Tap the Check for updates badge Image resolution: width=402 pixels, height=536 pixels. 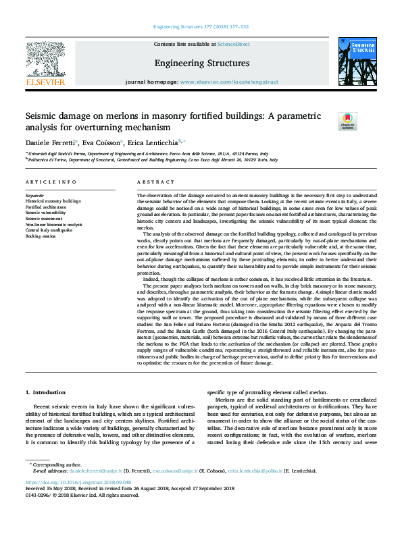pyautogui.click(x=347, y=121)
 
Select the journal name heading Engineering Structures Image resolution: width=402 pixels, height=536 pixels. pyautogui.click(x=201, y=63)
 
